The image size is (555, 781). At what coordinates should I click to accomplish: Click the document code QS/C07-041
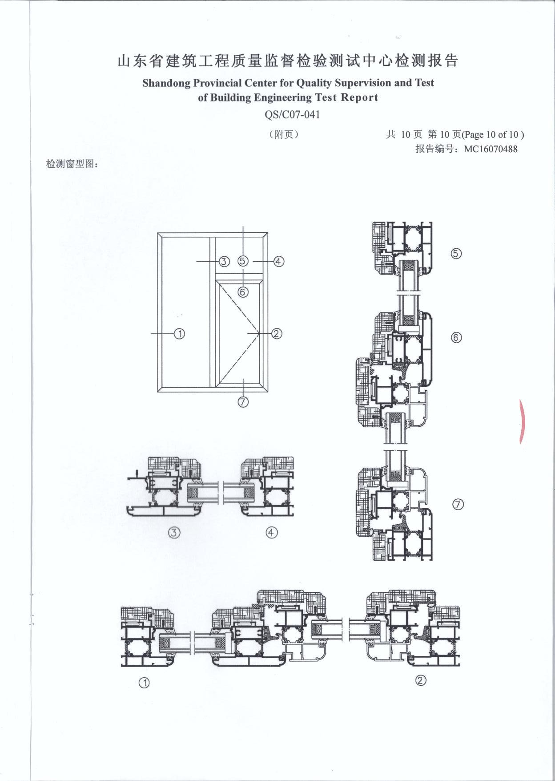[x=292, y=114]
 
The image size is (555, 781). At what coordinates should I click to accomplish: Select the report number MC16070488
[x=491, y=149]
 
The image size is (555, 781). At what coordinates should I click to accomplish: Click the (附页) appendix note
[x=283, y=134]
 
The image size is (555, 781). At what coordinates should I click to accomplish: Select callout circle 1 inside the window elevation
[x=179, y=333]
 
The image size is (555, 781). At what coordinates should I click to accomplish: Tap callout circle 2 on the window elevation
[x=277, y=333]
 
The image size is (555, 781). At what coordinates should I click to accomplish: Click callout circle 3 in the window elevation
[x=224, y=261]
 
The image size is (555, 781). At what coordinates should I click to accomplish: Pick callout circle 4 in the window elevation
[x=278, y=261]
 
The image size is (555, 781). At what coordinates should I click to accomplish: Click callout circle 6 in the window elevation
[x=243, y=292]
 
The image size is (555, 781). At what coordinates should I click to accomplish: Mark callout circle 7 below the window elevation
[x=243, y=401]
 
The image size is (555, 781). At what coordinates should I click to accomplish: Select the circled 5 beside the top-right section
[x=456, y=254]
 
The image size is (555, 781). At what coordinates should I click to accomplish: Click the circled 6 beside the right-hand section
[x=456, y=338]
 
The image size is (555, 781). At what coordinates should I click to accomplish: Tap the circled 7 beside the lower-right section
[x=458, y=504]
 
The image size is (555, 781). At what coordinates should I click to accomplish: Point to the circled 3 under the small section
[x=174, y=532]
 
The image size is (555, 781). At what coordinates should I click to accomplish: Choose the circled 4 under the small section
[x=272, y=532]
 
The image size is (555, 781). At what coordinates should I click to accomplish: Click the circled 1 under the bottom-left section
[x=144, y=683]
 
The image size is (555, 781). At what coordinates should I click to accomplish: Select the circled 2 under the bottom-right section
[x=421, y=680]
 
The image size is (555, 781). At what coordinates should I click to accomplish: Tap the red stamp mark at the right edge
[x=523, y=421]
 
